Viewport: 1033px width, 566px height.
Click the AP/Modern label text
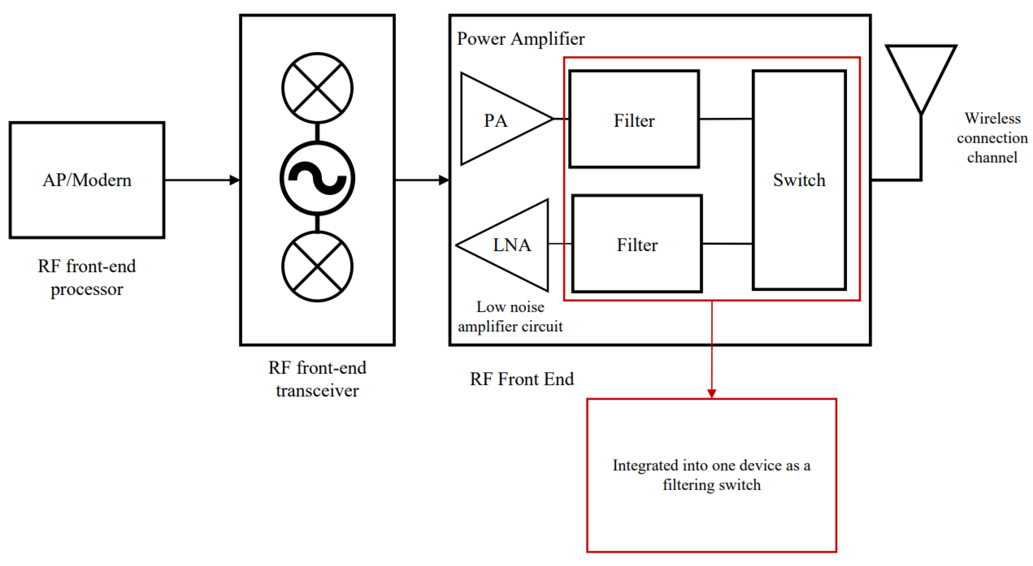[x=87, y=180]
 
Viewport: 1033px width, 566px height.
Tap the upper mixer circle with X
[x=317, y=88]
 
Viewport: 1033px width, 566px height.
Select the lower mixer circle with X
[x=317, y=266]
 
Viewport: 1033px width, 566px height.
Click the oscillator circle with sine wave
[x=317, y=178]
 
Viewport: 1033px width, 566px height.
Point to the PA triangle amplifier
[x=497, y=119]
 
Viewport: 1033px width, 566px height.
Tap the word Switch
[x=799, y=180]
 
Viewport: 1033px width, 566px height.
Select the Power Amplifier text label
[x=521, y=39]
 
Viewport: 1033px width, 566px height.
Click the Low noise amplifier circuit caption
[x=510, y=317]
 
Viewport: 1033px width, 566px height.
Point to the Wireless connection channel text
[x=992, y=138]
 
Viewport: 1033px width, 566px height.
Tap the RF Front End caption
[x=522, y=379]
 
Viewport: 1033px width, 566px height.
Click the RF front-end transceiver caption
[x=317, y=379]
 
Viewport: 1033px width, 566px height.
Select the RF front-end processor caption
[x=87, y=277]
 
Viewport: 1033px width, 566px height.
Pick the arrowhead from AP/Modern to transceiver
[x=235, y=180]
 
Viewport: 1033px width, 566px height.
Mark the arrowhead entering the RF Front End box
[x=444, y=180]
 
